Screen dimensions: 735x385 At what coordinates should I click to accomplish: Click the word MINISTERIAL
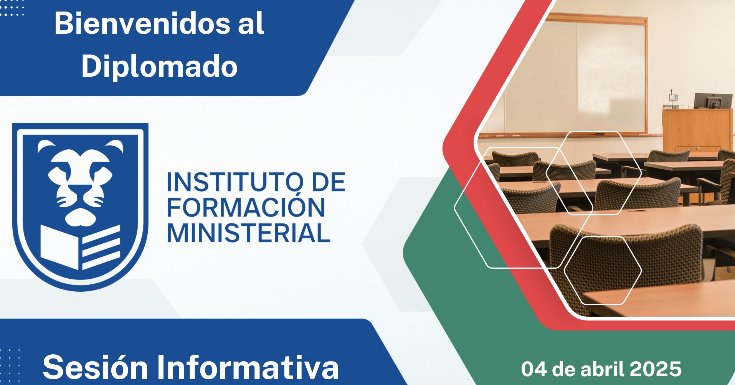248,233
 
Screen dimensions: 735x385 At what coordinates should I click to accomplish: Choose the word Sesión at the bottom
95,367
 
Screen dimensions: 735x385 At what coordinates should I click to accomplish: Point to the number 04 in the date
534,369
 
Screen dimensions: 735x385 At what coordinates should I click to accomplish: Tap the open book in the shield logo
80,247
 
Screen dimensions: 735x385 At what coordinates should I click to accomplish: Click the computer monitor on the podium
713,101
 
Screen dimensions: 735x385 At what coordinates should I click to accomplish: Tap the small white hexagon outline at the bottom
603,270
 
